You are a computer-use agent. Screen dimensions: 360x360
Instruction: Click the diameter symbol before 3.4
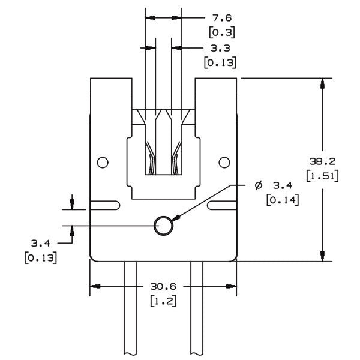point(257,185)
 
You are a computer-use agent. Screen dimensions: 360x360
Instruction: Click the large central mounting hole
point(163,226)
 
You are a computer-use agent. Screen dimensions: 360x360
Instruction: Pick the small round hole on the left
point(103,161)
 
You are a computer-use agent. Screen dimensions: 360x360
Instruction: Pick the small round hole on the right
point(224,161)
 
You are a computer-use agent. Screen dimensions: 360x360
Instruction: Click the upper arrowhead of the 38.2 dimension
point(324,83)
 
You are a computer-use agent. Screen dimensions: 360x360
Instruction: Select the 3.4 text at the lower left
point(40,244)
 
